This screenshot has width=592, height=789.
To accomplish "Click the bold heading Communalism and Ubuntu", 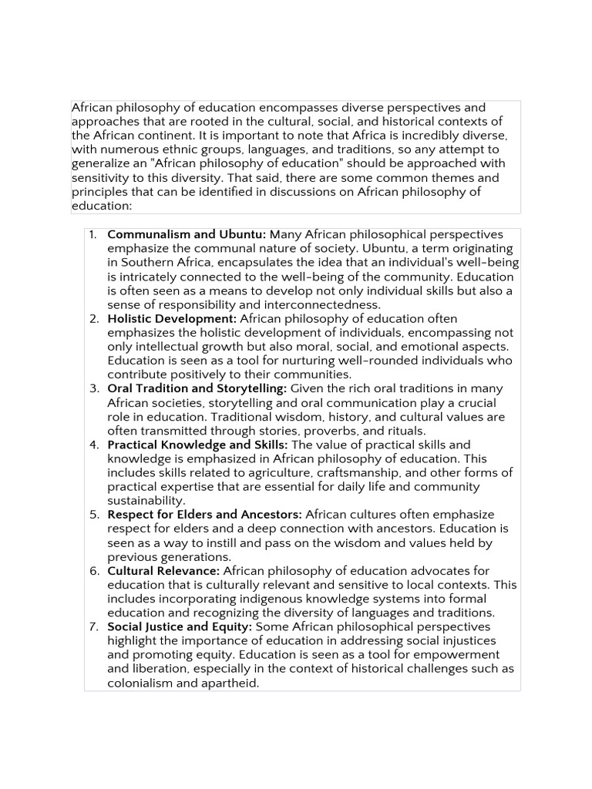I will (187, 234).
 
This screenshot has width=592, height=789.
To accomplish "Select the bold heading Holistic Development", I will (172, 318).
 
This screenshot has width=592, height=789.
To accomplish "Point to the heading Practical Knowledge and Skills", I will (197, 445).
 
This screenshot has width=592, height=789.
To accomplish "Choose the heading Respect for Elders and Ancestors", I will (204, 515).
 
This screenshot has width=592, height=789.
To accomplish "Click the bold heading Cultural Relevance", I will (163, 571).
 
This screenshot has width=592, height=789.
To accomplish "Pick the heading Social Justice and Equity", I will (180, 626).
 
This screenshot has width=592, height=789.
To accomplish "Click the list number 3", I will (93, 388).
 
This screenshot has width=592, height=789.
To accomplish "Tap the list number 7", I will (93, 626).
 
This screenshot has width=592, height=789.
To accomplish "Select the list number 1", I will (93, 234).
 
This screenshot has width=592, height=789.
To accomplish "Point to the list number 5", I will (93, 515).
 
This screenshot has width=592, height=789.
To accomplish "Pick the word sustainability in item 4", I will (146, 501).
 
